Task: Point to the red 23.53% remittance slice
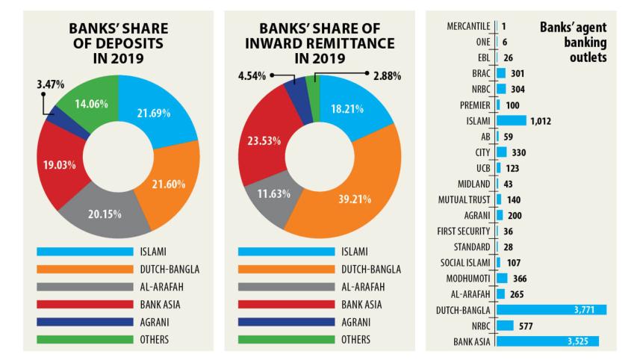click(264, 143)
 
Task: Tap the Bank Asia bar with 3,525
click(547, 341)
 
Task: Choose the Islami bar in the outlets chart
click(511, 120)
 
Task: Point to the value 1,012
click(540, 120)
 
